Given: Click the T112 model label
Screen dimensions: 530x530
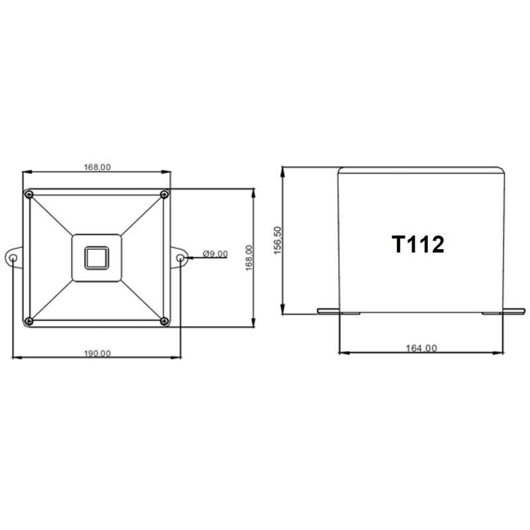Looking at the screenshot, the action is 418,244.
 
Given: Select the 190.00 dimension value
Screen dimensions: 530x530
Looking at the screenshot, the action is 97,353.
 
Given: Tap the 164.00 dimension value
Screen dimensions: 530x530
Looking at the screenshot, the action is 421,348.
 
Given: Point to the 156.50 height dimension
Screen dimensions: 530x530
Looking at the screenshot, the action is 278,240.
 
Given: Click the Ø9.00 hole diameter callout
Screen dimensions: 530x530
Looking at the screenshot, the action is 215,254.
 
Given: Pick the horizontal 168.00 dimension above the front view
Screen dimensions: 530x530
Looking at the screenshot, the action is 97,167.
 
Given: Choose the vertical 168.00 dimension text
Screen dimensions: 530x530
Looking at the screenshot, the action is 249,258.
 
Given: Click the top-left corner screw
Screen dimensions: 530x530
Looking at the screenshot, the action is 29,194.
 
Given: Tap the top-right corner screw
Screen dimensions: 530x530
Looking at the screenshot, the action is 164,194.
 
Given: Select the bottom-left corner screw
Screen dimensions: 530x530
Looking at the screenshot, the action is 29,321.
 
